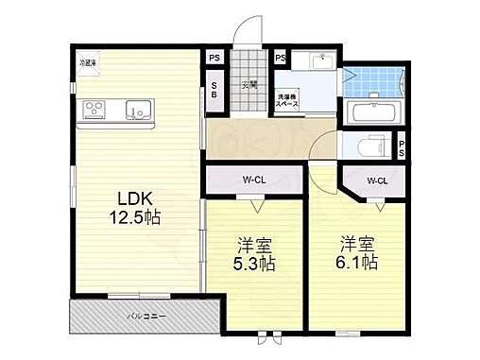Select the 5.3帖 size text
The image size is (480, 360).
point(255,265)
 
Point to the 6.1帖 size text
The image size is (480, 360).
point(359,262)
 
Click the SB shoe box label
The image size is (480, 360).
point(214,91)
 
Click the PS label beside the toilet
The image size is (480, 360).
point(402,148)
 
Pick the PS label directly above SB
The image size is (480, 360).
point(214,58)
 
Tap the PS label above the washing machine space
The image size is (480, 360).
point(281,58)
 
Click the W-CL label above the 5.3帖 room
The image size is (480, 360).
point(252,178)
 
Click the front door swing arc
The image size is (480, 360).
point(248,31)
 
